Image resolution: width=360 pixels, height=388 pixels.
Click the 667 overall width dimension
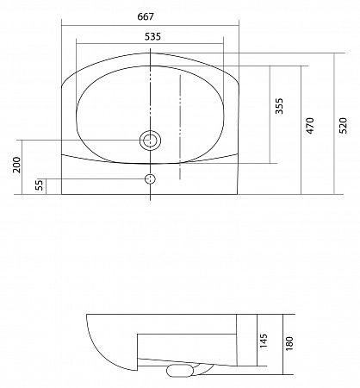(x=146, y=16)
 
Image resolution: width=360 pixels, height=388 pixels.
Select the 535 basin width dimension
(x=152, y=37)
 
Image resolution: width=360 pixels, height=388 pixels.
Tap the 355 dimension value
(x=279, y=106)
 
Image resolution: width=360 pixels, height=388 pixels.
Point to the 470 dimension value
(x=310, y=126)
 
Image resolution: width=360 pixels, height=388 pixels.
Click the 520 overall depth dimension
(x=343, y=125)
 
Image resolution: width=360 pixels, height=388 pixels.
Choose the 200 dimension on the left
(x=17, y=165)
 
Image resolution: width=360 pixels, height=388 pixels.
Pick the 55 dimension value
(x=40, y=185)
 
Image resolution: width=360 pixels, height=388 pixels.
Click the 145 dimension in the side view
(x=264, y=341)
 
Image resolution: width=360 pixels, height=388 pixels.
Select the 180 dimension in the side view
(x=289, y=343)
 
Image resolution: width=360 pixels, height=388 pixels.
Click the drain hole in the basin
(x=150, y=141)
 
